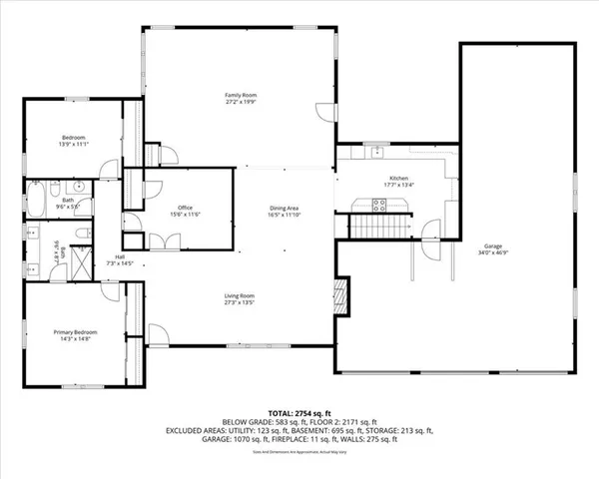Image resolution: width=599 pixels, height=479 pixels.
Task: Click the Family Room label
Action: pos(235,95)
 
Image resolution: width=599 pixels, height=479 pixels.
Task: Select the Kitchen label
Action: pos(399,178)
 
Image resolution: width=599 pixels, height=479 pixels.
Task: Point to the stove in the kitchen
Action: pos(379,205)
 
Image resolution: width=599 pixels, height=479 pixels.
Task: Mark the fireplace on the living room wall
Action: pos(341,294)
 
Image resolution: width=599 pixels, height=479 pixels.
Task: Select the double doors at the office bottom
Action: pos(164,241)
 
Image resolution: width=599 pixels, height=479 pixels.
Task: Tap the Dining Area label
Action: pos(284,208)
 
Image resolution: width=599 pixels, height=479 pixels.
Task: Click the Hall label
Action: pos(120,256)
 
